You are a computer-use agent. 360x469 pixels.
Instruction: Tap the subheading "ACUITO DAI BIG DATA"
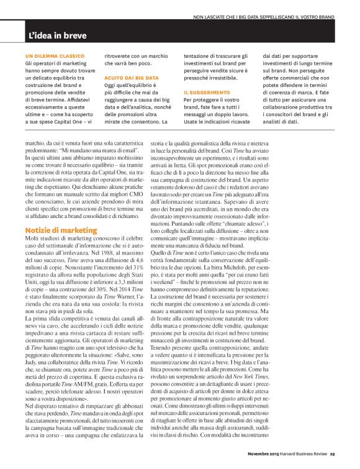[x=131, y=78]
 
